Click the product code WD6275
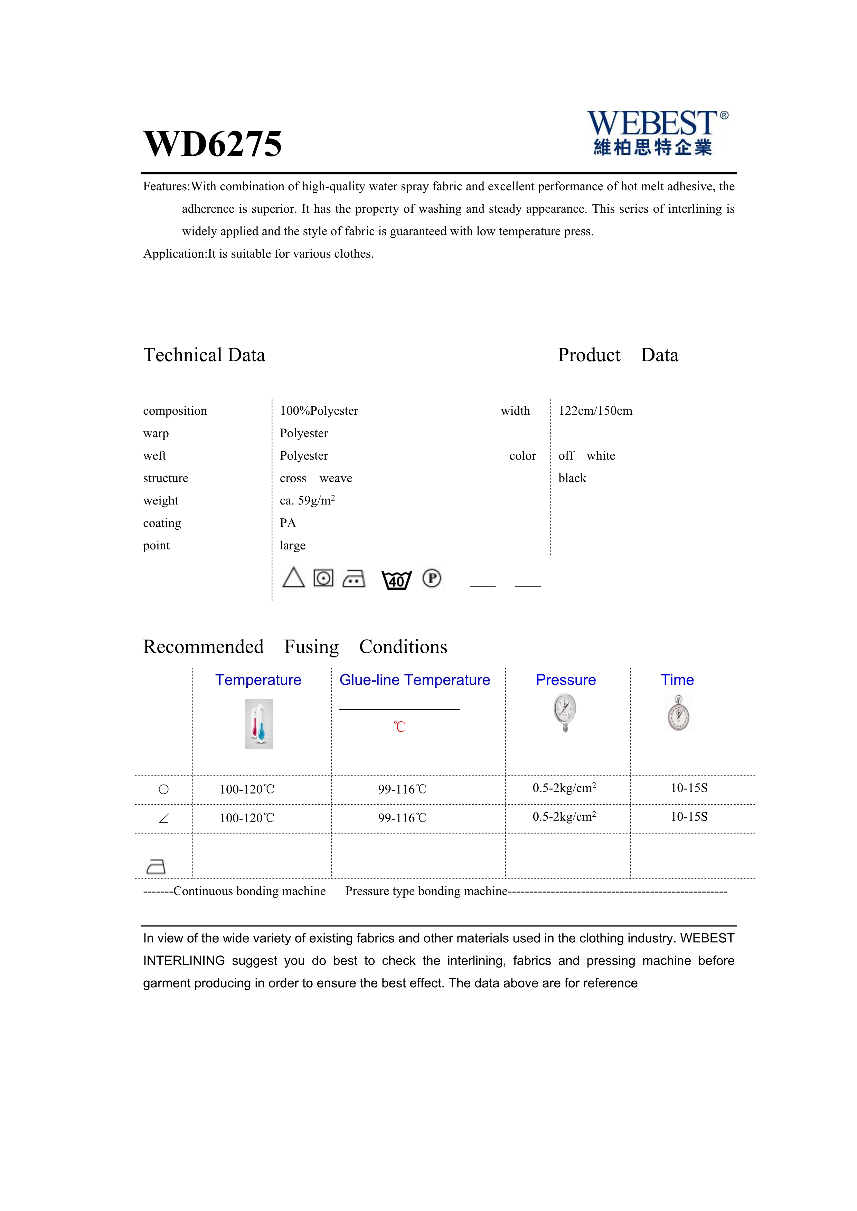click(213, 143)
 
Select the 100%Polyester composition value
click(319, 411)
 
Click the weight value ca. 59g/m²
click(307, 501)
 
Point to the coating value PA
click(288, 523)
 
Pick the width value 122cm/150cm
click(595, 411)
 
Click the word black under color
click(572, 478)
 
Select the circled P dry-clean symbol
click(432, 579)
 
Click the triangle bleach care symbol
click(293, 578)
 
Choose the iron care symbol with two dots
click(354, 579)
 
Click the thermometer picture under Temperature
click(259, 724)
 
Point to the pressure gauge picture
click(565, 712)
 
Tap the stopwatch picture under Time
click(678, 713)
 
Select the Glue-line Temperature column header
click(414, 680)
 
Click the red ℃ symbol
click(399, 727)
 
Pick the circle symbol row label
click(163, 790)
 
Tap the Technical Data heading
click(204, 355)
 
